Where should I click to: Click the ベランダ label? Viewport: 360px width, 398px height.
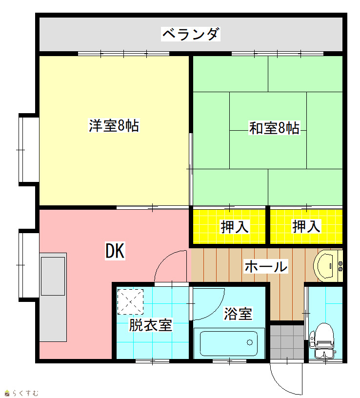click(x=191, y=34)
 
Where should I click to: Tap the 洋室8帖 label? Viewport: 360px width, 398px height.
click(x=114, y=125)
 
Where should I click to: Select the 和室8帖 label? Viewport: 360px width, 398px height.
click(x=274, y=128)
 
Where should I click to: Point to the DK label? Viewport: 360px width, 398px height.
click(x=115, y=251)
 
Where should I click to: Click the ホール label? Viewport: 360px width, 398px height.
click(x=266, y=266)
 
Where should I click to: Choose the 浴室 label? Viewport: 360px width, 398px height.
click(x=238, y=314)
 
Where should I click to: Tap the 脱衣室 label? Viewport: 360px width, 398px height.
click(x=151, y=325)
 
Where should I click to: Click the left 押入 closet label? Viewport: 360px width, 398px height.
click(x=234, y=227)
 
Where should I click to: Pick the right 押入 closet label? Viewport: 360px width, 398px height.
click(x=306, y=226)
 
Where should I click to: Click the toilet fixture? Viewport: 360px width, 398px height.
click(x=322, y=341)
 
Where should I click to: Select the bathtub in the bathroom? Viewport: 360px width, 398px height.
click(x=229, y=343)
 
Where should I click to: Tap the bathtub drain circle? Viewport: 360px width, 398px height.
click(x=250, y=342)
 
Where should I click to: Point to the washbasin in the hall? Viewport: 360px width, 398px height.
click(x=328, y=265)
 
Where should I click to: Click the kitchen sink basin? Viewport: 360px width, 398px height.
click(x=53, y=276)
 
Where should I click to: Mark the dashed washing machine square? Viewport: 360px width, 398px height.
click(x=130, y=302)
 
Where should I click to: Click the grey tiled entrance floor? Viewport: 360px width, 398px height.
click(x=287, y=342)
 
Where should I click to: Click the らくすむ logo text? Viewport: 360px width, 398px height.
click(x=21, y=393)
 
